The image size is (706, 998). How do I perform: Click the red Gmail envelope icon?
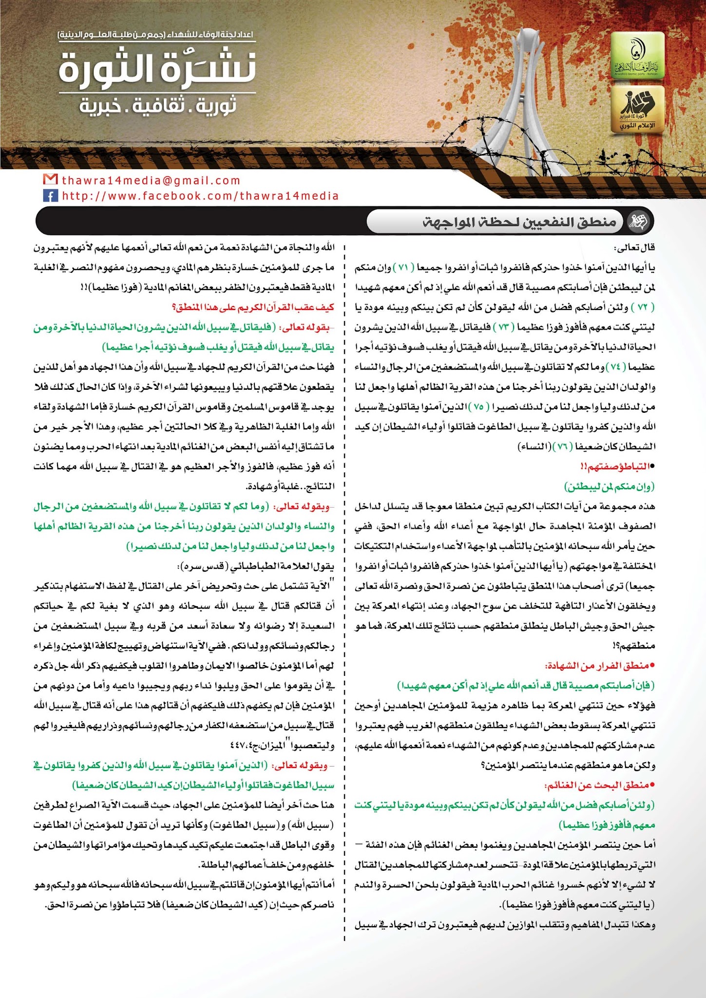click(x=50, y=180)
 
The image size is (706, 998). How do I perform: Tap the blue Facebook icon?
click(x=50, y=196)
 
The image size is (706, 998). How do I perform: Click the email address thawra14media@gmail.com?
click(x=151, y=180)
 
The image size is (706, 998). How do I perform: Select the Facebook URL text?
click(x=200, y=196)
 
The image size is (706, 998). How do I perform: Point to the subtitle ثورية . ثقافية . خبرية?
click(x=158, y=105)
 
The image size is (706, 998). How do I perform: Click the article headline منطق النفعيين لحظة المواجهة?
click(x=519, y=222)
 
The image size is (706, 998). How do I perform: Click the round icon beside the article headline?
click(x=638, y=222)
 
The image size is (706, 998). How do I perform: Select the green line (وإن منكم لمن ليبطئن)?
click(x=610, y=486)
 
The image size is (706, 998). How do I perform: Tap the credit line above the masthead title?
click(x=156, y=35)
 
